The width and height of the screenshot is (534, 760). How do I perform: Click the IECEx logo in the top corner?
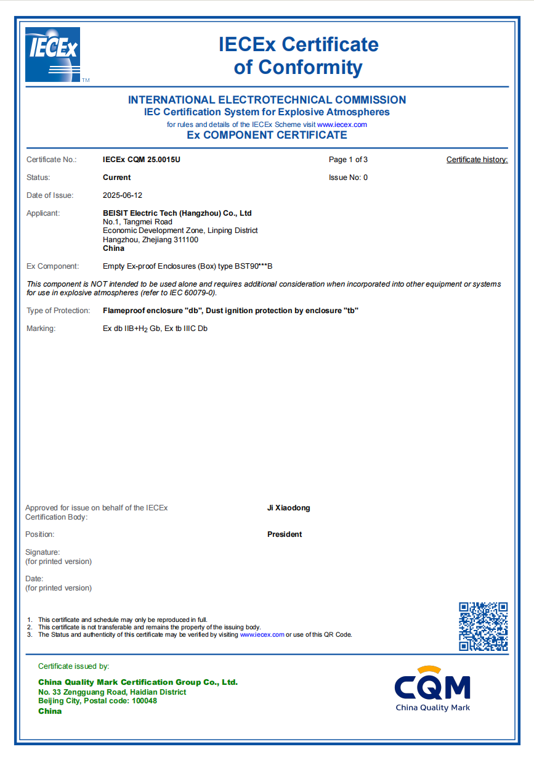[x=52, y=54]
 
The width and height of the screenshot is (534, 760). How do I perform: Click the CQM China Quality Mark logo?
[x=432, y=688]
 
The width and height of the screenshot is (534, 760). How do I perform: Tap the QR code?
[x=483, y=626]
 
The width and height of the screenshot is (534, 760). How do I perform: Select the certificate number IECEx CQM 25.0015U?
[x=141, y=160]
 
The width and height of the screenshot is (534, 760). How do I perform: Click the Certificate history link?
[x=477, y=160]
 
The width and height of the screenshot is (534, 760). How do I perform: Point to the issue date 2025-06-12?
[x=123, y=195]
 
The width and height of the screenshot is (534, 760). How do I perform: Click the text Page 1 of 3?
[x=348, y=160]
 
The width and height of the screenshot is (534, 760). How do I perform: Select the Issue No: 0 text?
[x=348, y=178]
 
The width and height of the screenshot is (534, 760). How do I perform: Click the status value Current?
[x=116, y=178]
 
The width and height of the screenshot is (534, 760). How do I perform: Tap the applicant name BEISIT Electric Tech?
[x=177, y=213]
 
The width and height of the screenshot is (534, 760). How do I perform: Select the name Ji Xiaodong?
[x=288, y=508]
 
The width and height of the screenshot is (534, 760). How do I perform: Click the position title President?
[x=285, y=534]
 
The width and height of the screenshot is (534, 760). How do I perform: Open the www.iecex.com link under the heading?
[x=342, y=125]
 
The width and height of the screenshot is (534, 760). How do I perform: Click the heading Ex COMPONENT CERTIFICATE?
[x=267, y=135]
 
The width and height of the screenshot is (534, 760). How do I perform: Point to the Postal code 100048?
[x=144, y=701]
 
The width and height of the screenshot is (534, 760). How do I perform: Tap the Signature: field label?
[x=42, y=552]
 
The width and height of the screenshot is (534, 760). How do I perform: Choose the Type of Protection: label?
[x=59, y=311]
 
